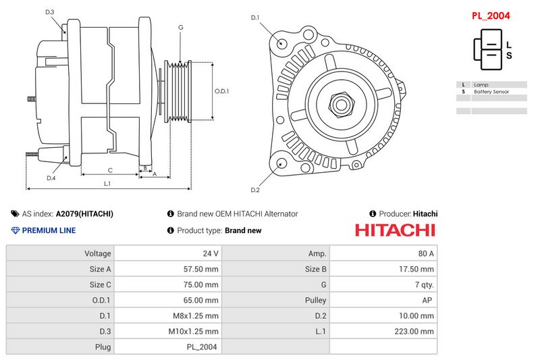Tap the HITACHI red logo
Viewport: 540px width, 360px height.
(x=395, y=230)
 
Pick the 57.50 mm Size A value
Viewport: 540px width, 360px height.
(x=202, y=269)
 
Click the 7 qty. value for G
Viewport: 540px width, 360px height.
(x=423, y=284)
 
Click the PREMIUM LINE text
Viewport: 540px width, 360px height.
(x=49, y=230)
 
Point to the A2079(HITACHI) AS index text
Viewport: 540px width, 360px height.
(x=84, y=213)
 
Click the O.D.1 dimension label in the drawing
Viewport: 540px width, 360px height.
(x=222, y=91)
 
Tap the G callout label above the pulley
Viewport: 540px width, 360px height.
(x=181, y=27)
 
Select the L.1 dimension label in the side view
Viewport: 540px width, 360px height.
(x=107, y=184)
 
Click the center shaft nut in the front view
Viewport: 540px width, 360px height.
(x=341, y=104)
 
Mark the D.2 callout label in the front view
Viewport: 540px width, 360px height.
(x=255, y=190)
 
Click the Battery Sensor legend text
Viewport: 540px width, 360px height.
(x=491, y=91)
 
